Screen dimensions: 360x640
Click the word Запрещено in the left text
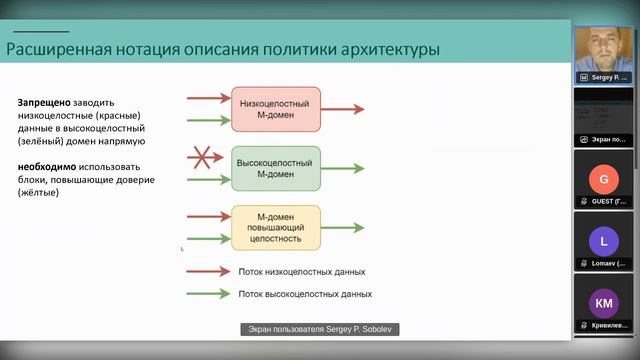click(41, 103)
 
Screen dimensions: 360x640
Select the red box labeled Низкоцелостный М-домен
click(277, 109)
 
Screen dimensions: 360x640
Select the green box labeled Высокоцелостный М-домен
click(277, 168)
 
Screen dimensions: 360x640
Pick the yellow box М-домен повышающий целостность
click(277, 227)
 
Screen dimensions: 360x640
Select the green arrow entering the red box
click(209, 120)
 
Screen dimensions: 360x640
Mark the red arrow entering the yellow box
click(209, 216)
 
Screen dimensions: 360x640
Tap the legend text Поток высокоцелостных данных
click(305, 294)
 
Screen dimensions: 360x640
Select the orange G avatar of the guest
click(602, 181)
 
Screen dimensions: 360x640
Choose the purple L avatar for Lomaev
click(602, 241)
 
